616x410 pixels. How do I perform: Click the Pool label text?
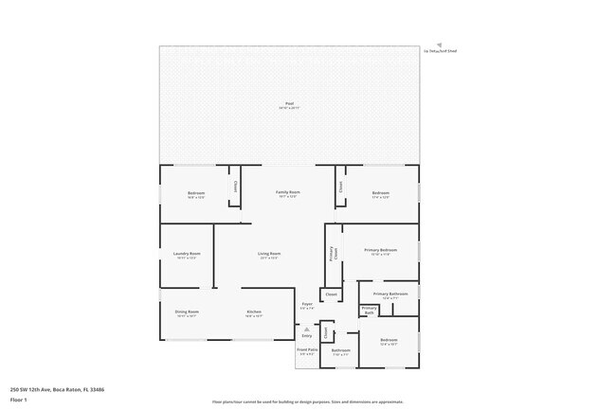[x=289, y=103]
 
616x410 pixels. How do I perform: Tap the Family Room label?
[x=288, y=192]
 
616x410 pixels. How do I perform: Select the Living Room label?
[x=269, y=254]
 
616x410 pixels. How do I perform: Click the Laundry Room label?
[x=187, y=254]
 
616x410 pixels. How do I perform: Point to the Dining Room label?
[x=187, y=312]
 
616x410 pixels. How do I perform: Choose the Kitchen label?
[x=254, y=312]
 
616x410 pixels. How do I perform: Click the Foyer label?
[x=307, y=304]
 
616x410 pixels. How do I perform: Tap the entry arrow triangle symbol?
[x=306, y=329]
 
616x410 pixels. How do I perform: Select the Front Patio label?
[x=307, y=349]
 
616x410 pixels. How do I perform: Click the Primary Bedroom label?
[x=380, y=251]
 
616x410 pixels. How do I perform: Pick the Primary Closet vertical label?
[x=332, y=254]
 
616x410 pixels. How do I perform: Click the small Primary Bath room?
[x=369, y=309]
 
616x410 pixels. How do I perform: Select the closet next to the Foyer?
[x=331, y=294]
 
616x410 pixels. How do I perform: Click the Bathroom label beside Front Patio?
[x=341, y=351]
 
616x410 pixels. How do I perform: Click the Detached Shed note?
[x=440, y=50]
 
